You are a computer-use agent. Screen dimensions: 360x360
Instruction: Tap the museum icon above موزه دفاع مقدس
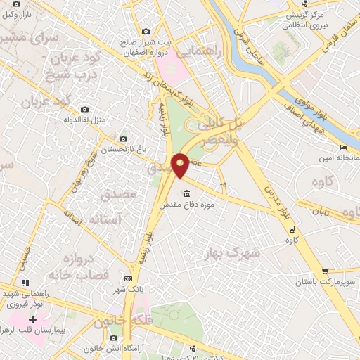click(186, 193)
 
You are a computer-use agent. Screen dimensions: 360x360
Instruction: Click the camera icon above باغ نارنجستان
click(124, 139)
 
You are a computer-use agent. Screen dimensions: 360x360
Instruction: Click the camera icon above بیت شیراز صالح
click(146, 31)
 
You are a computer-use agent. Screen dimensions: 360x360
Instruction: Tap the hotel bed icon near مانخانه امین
click(342, 147)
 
